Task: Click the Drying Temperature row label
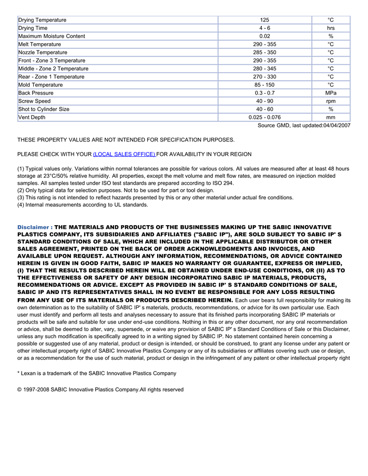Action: (x=43, y=20)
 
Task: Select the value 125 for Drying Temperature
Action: (x=264, y=20)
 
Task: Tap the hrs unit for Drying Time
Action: (x=331, y=28)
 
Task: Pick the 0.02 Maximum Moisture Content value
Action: (x=264, y=36)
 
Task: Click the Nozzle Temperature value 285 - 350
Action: (x=264, y=53)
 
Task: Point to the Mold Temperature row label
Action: (x=40, y=85)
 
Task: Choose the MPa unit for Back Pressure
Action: (x=331, y=93)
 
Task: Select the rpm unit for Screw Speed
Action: (x=331, y=101)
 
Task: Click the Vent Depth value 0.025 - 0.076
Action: (x=264, y=117)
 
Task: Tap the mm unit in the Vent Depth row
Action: (x=331, y=117)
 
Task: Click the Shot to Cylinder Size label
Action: (x=44, y=109)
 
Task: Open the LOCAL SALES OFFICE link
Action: (x=124, y=154)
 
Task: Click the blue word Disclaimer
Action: (x=33, y=227)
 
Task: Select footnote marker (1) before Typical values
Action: (x=21, y=169)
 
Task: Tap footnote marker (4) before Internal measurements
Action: (x=21, y=205)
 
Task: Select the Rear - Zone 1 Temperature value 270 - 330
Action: (x=264, y=77)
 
